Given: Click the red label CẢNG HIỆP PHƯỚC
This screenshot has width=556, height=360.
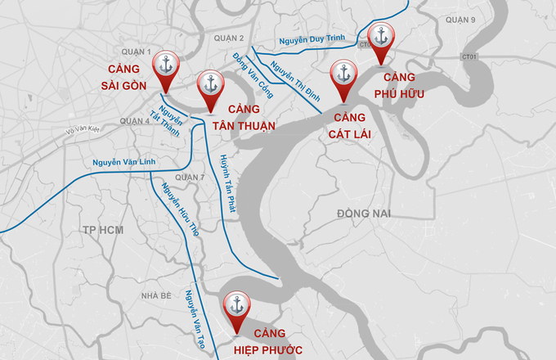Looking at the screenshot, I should click(x=268, y=341).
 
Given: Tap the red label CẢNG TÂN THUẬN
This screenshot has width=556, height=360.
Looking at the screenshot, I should click(x=244, y=118).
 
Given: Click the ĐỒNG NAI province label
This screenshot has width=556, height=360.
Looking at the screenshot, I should click(x=364, y=214).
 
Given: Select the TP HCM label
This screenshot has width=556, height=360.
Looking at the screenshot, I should click(x=102, y=230).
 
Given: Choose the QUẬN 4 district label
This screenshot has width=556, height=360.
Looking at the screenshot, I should click(x=135, y=120).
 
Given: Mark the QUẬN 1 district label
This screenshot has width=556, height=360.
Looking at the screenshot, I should click(x=135, y=52).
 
